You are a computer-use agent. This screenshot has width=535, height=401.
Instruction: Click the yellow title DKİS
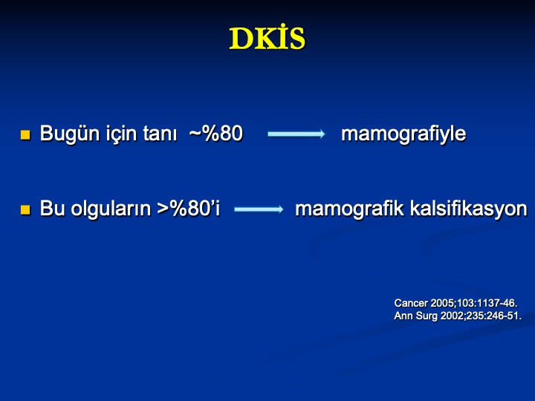(x=267, y=38)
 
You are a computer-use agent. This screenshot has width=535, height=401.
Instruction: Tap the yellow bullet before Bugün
(x=25, y=135)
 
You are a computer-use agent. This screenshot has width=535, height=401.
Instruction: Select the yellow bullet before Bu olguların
(x=25, y=209)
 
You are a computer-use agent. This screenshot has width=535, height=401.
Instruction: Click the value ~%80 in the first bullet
(x=216, y=134)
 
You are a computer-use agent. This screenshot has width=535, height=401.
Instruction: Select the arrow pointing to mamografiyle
(x=296, y=134)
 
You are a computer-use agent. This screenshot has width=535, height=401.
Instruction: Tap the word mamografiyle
(x=403, y=134)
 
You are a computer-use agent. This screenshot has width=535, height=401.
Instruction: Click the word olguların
(x=111, y=209)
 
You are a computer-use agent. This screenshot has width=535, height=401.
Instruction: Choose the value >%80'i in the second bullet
(x=189, y=209)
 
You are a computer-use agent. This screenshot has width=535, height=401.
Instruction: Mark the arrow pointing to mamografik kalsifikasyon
(x=259, y=209)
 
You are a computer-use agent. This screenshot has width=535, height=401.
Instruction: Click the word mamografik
(x=349, y=209)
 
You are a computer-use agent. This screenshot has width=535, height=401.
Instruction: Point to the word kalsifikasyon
(x=468, y=209)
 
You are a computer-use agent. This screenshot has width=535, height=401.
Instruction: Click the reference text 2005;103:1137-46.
(x=474, y=303)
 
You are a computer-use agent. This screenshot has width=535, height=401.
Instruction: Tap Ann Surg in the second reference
(x=415, y=316)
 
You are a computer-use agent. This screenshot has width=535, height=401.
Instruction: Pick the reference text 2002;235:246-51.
(x=481, y=316)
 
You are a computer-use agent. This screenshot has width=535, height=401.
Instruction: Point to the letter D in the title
(x=241, y=39)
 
